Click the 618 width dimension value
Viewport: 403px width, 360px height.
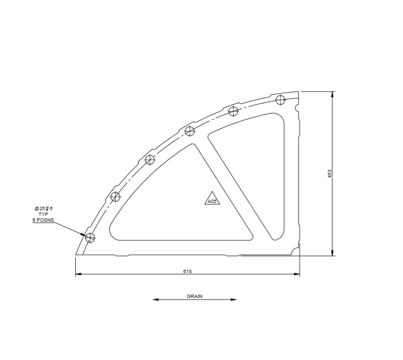tap(188, 271)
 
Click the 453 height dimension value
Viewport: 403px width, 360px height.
tap(330, 174)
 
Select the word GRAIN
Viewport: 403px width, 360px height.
tap(194, 296)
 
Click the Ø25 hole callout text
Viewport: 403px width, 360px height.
tap(43, 208)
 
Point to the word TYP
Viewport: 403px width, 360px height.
tap(44, 214)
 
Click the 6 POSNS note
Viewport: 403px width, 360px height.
tap(43, 220)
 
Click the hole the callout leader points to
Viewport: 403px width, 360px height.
tap(90, 237)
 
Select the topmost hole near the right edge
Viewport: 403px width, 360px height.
tap(281, 100)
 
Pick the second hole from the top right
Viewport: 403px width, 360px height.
tap(234, 111)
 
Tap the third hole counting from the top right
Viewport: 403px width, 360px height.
tap(190, 131)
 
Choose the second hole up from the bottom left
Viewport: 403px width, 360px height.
tap(116, 196)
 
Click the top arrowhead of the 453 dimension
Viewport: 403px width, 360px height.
tap(332, 94)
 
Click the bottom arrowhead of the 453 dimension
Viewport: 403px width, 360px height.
tap(332, 253)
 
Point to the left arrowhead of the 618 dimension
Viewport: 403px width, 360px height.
tap(78, 275)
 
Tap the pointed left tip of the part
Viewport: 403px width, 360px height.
tap(77, 254)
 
